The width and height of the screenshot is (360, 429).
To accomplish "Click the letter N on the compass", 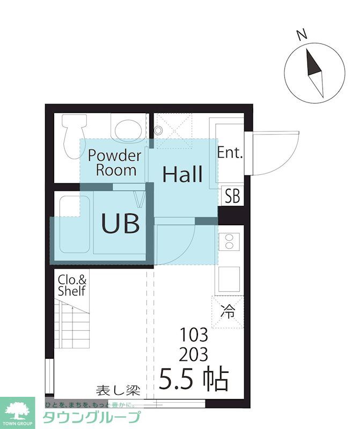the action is [x=302, y=35].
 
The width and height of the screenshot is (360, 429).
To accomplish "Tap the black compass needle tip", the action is [x=307, y=49].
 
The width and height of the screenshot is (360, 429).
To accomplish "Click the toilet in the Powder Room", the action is [x=74, y=136].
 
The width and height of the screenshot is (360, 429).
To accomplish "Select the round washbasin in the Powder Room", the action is [x=128, y=130].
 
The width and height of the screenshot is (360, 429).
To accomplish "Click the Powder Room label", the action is [x=115, y=163].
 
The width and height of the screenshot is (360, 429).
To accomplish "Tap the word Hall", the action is [x=182, y=174].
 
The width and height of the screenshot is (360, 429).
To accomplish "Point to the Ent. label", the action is [x=230, y=152].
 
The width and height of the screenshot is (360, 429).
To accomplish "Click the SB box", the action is [x=232, y=196].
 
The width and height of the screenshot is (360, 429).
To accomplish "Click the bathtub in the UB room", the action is [x=75, y=225].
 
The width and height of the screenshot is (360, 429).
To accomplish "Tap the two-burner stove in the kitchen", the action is [x=229, y=241].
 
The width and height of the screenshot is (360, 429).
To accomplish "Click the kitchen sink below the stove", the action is [x=229, y=279].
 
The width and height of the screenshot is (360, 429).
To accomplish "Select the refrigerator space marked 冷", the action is [x=227, y=312].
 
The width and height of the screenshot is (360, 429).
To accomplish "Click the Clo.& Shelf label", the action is [x=72, y=286].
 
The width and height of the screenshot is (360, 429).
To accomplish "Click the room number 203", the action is [x=194, y=354].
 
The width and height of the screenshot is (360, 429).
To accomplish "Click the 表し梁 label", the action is [x=118, y=390].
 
